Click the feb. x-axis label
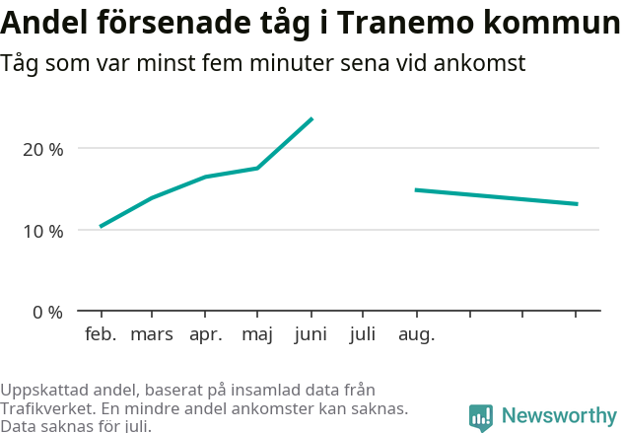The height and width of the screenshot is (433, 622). pyautogui.click(x=101, y=334)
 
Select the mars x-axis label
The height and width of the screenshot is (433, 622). pyautogui.click(x=152, y=334)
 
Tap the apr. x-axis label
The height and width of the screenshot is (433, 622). pyautogui.click(x=205, y=334)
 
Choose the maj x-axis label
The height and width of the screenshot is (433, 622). pyautogui.click(x=257, y=334)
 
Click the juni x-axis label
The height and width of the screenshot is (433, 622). pyautogui.click(x=311, y=334)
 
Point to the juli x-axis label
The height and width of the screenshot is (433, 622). pyautogui.click(x=363, y=334)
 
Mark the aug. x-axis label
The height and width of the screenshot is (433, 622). pyautogui.click(x=416, y=334)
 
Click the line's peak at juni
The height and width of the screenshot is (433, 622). pyautogui.click(x=311, y=118)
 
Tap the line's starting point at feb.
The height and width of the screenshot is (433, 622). pyautogui.click(x=101, y=227)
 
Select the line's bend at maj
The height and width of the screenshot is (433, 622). pyautogui.click(x=258, y=168)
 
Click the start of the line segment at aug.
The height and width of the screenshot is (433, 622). pyautogui.click(x=416, y=189)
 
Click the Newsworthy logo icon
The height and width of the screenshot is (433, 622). pyautogui.click(x=481, y=417)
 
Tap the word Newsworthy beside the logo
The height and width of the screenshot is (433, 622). pyautogui.click(x=559, y=416)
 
